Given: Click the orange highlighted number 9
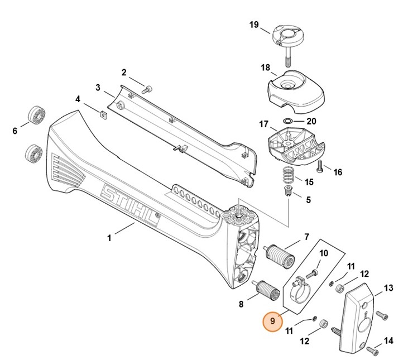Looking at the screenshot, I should click(272, 321).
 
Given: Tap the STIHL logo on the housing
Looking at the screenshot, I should click(129, 207).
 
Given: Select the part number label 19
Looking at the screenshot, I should click(254, 25).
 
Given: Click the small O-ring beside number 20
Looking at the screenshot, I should click(286, 121).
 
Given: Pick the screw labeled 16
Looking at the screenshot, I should click(320, 165).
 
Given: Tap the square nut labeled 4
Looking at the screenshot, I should click(103, 115).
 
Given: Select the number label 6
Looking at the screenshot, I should click(15, 131).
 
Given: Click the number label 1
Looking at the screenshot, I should click(109, 238).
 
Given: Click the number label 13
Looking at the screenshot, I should click(388, 288).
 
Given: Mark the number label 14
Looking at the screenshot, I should click(388, 340).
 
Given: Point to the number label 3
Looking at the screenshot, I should click(98, 88).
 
